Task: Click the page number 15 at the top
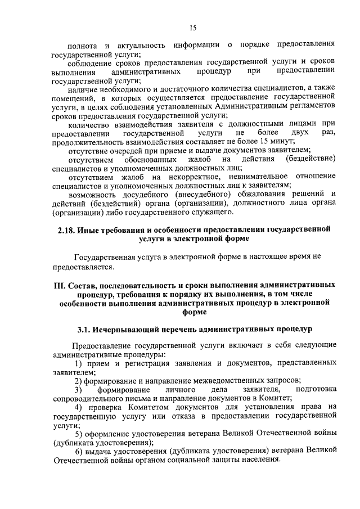[192, 27]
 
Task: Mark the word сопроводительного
[88, 398]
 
